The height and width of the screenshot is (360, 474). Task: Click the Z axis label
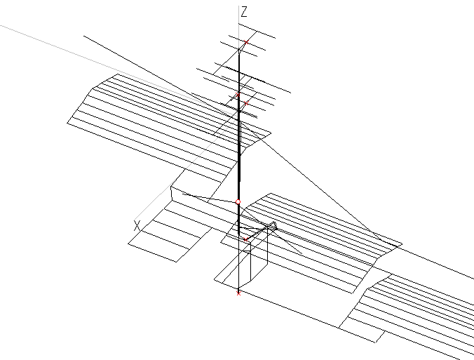click(x=244, y=12)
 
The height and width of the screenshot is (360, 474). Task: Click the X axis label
click(x=137, y=225)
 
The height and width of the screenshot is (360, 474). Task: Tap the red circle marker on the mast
click(x=238, y=202)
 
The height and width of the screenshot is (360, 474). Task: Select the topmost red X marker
click(x=238, y=93)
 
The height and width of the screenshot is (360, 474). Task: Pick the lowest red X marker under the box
click(x=238, y=293)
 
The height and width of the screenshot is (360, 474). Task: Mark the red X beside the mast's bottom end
click(x=245, y=239)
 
